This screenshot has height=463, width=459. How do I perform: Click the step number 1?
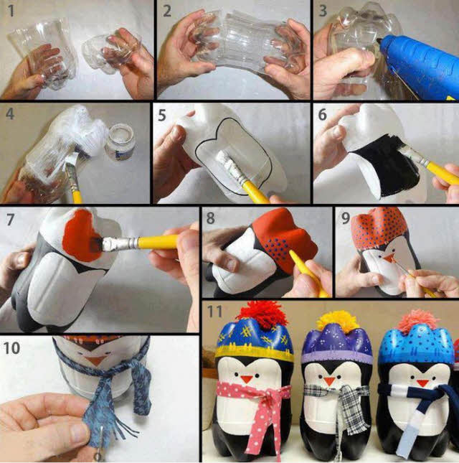click(9, 11)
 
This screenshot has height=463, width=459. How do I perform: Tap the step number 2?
click(166, 11)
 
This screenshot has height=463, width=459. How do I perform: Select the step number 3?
click(323, 11)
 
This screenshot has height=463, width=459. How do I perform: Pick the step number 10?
click(12, 348)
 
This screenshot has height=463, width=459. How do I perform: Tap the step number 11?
click(214, 312)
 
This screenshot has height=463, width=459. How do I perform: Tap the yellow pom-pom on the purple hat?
click(338, 321)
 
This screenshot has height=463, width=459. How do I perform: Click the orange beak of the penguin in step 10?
click(94, 360)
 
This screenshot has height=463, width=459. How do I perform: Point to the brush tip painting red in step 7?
click(109, 245)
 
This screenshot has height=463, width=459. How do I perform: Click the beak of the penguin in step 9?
click(392, 256)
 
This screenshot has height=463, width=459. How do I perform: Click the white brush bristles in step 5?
click(228, 165)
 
